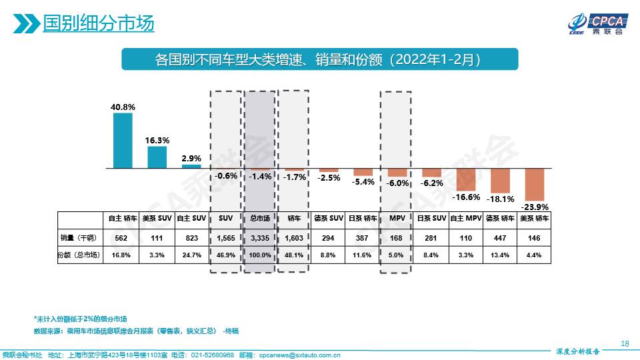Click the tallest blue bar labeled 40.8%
coord(123,140)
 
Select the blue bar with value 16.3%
coord(157,157)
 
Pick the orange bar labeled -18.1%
coord(500,180)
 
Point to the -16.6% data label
coord(466,197)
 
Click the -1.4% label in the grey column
coord(260,177)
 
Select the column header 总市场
coord(260,218)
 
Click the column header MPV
coord(397,218)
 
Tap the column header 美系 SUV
coord(157,218)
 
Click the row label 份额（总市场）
coord(80,255)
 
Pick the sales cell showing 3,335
coord(260,237)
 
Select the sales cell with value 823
coord(192,237)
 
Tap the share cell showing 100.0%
coord(260,255)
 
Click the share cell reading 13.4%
coord(500,255)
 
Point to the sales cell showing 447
coord(500,237)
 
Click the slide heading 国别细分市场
coord(98,25)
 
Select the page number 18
coord(625,343)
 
